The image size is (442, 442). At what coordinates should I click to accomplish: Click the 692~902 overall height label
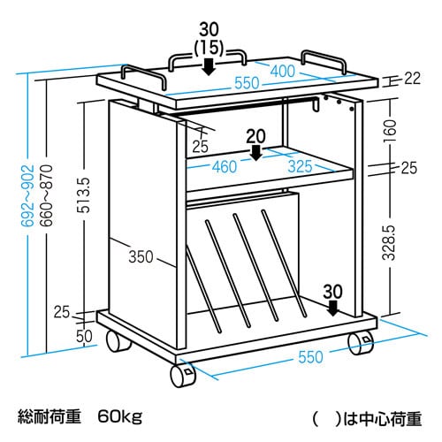(28, 195)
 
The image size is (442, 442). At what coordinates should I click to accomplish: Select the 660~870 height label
(47, 195)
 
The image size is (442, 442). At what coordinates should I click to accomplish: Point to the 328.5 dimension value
(389, 243)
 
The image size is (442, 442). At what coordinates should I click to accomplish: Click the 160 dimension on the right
(390, 131)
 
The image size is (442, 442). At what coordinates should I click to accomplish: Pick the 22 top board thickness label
(412, 79)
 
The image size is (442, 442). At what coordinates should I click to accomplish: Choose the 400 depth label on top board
(283, 71)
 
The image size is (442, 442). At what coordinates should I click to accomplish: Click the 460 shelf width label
(225, 167)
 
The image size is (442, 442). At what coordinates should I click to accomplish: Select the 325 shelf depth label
(300, 166)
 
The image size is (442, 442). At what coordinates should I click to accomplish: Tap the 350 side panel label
(141, 256)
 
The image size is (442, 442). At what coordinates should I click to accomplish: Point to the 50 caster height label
(84, 336)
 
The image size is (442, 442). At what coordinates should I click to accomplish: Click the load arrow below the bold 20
(256, 152)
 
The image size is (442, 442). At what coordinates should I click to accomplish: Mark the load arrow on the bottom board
(333, 308)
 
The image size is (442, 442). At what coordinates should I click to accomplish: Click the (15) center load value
(210, 48)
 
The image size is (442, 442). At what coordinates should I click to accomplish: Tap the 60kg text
(120, 417)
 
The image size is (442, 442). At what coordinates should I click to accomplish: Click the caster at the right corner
(361, 344)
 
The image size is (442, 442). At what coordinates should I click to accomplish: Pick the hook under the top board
(316, 104)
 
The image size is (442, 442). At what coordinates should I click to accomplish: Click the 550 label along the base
(310, 357)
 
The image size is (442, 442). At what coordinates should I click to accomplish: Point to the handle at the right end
(324, 60)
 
